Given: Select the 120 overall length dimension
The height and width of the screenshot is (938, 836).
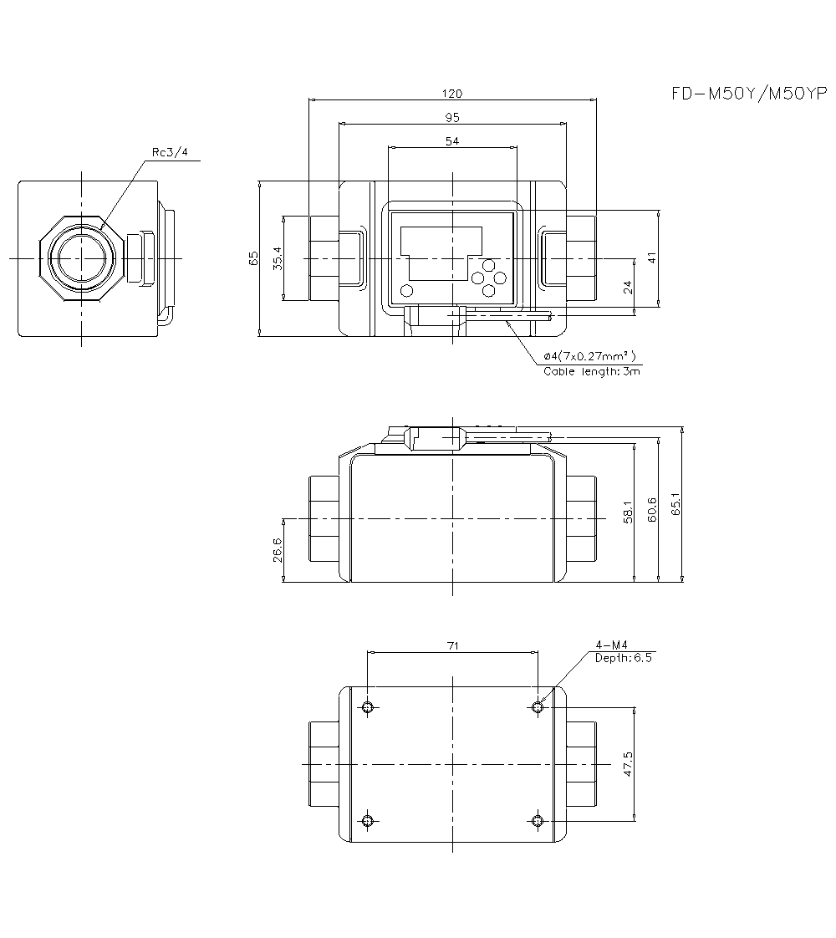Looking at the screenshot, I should point(452,94).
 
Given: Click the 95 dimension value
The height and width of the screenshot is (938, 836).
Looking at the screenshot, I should point(452,118).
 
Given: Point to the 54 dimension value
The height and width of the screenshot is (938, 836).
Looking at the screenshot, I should point(452,142).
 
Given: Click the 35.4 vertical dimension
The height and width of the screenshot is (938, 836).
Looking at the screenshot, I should point(277,257).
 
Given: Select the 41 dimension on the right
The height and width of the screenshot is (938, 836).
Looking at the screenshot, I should point(653,257).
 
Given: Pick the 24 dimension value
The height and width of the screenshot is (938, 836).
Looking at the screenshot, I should point(628,287).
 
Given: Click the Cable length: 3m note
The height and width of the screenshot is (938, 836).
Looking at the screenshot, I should point(592,371).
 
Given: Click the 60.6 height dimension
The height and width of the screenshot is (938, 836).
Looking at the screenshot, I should point(652,510).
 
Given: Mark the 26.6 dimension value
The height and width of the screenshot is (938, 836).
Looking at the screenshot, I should point(277,550).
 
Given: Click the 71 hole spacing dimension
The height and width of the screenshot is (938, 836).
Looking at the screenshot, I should point(452,645).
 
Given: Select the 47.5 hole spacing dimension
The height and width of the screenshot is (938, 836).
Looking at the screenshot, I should point(628,764).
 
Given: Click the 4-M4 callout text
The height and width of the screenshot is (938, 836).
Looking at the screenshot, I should point(611,645).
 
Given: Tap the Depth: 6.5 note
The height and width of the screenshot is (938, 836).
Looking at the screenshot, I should point(623,657).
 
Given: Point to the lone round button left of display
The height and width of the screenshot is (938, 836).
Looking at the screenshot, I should point(407,290).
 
